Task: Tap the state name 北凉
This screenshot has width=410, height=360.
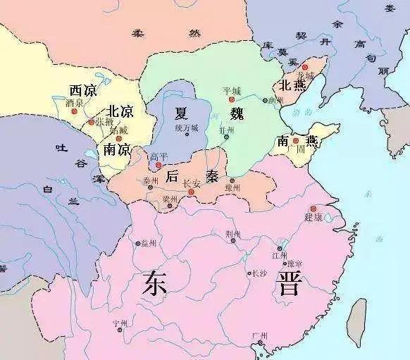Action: tap(120, 111)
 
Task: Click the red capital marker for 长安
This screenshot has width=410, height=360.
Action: tap(192, 191)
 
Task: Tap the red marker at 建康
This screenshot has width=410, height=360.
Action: tap(313, 209)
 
